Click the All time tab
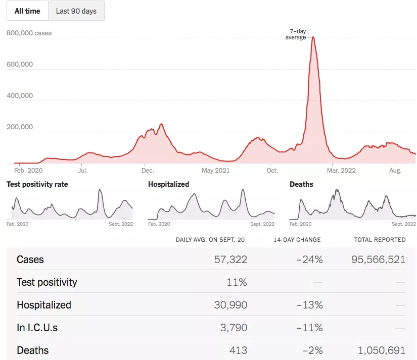click(x=27, y=11)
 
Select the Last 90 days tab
click(x=76, y=11)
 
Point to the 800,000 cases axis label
click(x=29, y=33)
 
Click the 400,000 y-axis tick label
click(x=20, y=96)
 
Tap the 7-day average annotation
click(x=296, y=34)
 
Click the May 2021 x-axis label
click(x=215, y=171)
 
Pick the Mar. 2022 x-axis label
click(x=341, y=171)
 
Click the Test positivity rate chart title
click(x=37, y=184)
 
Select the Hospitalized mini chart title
click(x=168, y=184)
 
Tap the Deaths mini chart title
click(x=301, y=184)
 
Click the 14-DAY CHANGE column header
click(x=297, y=239)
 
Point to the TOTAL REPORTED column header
click(x=380, y=239)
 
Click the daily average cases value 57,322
click(x=230, y=260)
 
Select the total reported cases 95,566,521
click(x=378, y=260)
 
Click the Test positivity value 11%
click(x=237, y=282)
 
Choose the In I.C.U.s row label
click(x=37, y=328)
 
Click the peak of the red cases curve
click(x=313, y=37)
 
